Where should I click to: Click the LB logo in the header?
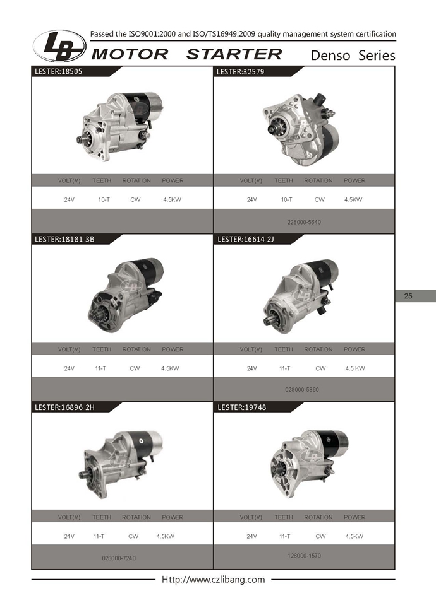[x=59, y=46]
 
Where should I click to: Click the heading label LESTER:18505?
[x=59, y=71]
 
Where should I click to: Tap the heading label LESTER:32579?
[x=240, y=71]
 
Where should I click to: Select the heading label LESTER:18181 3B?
[x=64, y=239]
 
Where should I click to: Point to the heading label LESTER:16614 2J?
[x=246, y=239]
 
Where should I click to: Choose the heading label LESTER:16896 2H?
[x=64, y=407]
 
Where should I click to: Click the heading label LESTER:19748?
[x=242, y=407]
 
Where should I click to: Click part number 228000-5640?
[x=304, y=222]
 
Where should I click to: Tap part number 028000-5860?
[x=302, y=390]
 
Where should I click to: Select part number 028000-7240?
[x=119, y=558]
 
